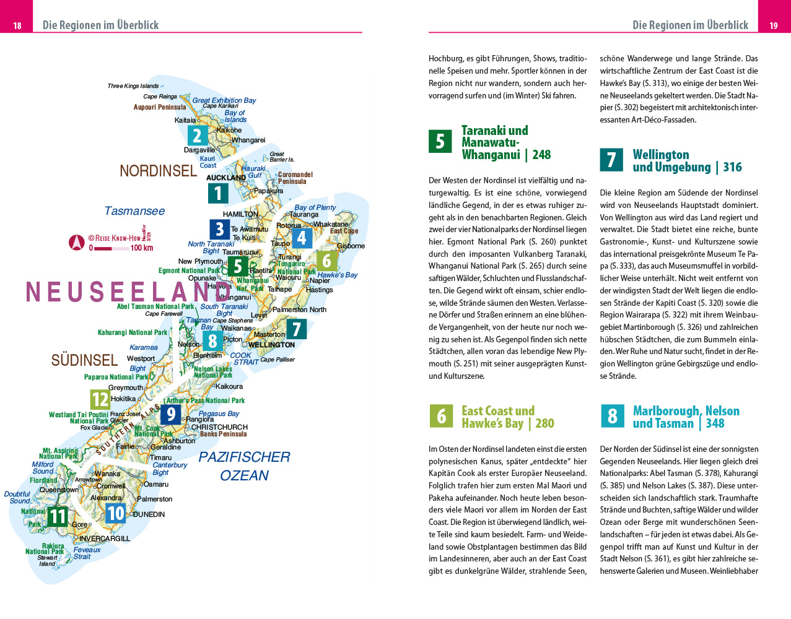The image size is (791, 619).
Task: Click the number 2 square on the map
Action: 197,135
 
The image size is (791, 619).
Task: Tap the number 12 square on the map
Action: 100,399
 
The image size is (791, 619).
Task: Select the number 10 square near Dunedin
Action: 116,513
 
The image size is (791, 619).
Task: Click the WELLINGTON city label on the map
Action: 271,345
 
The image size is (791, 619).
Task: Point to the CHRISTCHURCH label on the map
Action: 219,427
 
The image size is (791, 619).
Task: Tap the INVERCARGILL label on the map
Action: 105,539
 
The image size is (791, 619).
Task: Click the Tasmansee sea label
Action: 134,211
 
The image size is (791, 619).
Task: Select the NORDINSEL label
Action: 158,171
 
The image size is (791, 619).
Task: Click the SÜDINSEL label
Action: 84,360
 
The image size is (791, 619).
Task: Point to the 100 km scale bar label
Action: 141,248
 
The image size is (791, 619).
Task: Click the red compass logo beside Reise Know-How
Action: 77,242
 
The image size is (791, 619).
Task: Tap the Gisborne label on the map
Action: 351,246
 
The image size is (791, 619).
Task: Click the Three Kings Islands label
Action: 133,86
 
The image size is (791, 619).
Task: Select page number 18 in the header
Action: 17,25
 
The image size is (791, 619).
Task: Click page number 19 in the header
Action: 774,25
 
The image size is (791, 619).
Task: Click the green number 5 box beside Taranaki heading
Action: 440,141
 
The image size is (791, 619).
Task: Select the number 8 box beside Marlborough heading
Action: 612,416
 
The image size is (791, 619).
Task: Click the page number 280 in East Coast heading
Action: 544,423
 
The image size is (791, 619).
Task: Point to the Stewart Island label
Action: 48,561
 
